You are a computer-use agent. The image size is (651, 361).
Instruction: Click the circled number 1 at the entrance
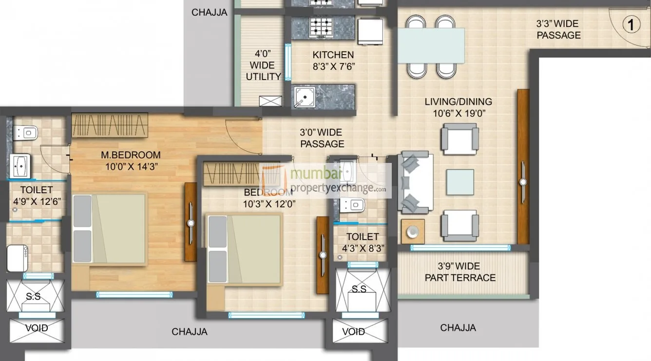tap(632, 25)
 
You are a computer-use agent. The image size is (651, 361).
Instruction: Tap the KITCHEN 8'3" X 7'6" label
tap(333, 61)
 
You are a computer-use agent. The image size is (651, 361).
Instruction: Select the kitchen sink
tap(305, 97)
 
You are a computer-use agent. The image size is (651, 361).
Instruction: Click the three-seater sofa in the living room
tap(415, 182)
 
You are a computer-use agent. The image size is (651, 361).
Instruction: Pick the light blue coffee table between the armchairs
tap(460, 182)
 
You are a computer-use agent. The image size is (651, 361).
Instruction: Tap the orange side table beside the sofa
tap(413, 231)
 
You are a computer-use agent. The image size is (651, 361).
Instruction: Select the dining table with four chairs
tap(431, 45)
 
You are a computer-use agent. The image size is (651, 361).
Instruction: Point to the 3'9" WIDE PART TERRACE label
tap(460, 272)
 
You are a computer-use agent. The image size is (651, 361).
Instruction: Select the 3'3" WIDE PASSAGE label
tap(558, 29)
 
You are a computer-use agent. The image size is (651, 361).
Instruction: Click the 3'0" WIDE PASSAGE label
tap(322, 138)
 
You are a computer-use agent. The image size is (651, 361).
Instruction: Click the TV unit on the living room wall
tap(523, 167)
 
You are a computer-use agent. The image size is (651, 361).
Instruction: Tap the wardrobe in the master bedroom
tap(110, 125)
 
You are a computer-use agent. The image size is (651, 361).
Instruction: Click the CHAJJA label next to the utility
tap(209, 12)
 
